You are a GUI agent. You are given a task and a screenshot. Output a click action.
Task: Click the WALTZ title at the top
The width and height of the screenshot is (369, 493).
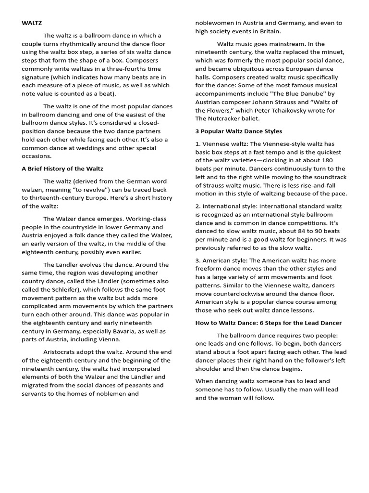32,23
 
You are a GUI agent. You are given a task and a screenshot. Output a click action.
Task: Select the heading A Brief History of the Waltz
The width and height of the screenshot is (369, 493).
62,169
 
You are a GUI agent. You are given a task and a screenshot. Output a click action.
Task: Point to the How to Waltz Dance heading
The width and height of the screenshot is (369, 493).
268,323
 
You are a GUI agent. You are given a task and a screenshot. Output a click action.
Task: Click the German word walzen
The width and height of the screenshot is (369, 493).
33,189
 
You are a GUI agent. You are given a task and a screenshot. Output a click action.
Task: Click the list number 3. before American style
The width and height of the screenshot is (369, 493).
198,260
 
